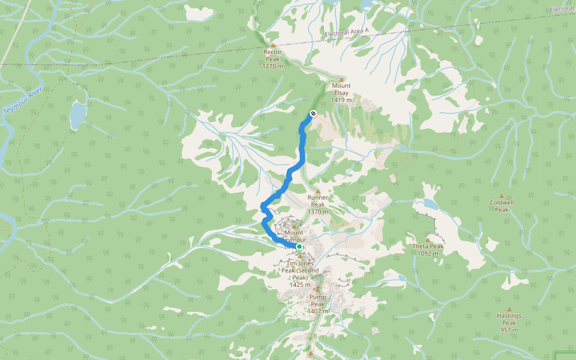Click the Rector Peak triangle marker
273,45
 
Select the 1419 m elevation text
341,100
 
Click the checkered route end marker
313,114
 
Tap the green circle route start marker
299,246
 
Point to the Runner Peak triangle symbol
318,191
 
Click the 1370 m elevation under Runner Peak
318,212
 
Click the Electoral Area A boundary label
347,34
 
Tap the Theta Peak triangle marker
428,239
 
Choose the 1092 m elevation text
428,253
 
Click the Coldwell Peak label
502,206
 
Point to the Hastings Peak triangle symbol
509,310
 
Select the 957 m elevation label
509,330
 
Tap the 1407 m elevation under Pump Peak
317,311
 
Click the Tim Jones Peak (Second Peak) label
300,270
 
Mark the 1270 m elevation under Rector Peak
272,66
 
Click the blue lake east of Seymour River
77,116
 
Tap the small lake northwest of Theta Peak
430,204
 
